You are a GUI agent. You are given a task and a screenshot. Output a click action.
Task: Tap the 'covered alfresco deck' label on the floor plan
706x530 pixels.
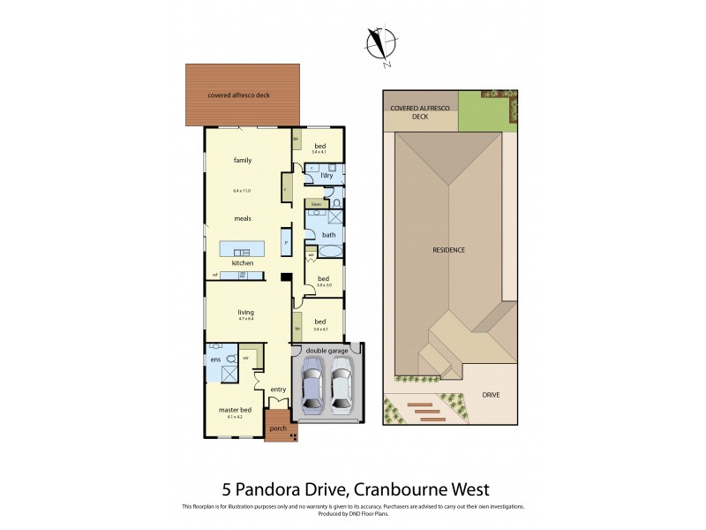(x=238, y=95)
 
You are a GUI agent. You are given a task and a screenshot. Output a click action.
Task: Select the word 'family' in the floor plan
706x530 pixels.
(x=243, y=161)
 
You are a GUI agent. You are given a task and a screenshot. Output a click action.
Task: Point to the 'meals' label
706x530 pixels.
(x=243, y=218)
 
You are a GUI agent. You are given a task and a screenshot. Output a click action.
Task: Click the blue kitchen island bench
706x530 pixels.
(x=243, y=247)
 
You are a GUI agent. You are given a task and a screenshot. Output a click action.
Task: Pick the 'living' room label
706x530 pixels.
(x=245, y=312)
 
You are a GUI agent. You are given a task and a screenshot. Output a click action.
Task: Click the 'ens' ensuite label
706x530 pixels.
(x=214, y=360)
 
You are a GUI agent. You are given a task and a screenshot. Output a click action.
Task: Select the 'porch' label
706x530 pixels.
(x=278, y=428)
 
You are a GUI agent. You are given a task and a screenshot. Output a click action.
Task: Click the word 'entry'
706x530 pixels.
(x=279, y=390)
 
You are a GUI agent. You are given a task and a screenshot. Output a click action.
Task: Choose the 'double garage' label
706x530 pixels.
(x=326, y=349)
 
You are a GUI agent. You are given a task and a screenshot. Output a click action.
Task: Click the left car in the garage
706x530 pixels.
(x=313, y=386)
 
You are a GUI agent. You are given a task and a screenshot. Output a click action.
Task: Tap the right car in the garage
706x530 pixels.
(x=342, y=386)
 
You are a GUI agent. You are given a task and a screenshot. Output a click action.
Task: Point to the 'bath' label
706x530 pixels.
(x=328, y=235)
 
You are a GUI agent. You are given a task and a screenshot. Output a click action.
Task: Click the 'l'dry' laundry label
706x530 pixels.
(x=326, y=176)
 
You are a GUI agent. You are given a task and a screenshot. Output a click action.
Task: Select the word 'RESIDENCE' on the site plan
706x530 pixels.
(x=448, y=250)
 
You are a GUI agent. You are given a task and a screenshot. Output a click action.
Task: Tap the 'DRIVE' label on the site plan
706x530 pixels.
(x=490, y=395)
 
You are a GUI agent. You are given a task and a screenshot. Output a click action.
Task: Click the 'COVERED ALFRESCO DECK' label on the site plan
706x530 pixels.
(x=420, y=110)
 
